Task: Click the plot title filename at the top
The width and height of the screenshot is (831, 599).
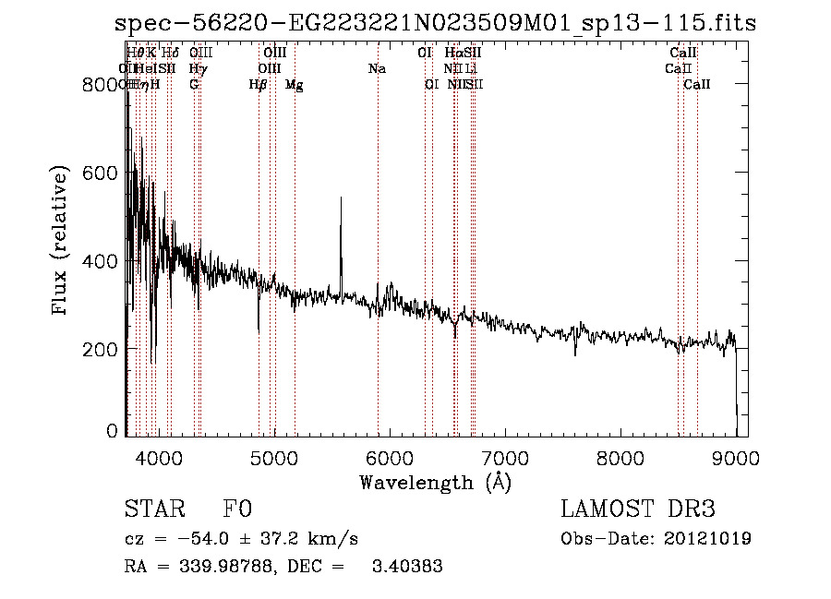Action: pos(435,23)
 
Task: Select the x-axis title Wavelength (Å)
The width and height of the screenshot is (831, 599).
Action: pos(435,482)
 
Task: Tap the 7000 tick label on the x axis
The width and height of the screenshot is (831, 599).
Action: pos(504,457)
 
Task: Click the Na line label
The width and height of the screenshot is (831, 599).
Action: pos(377,68)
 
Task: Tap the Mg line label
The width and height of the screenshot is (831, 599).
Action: pos(294,85)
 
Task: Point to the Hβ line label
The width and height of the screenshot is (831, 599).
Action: pos(259,85)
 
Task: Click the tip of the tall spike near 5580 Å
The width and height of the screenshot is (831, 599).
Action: pos(341,198)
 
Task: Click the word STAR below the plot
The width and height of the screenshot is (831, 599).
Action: pos(153,509)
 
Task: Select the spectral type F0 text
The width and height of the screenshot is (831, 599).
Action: pos(237,509)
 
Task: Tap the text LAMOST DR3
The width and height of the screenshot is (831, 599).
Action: pos(638,509)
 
